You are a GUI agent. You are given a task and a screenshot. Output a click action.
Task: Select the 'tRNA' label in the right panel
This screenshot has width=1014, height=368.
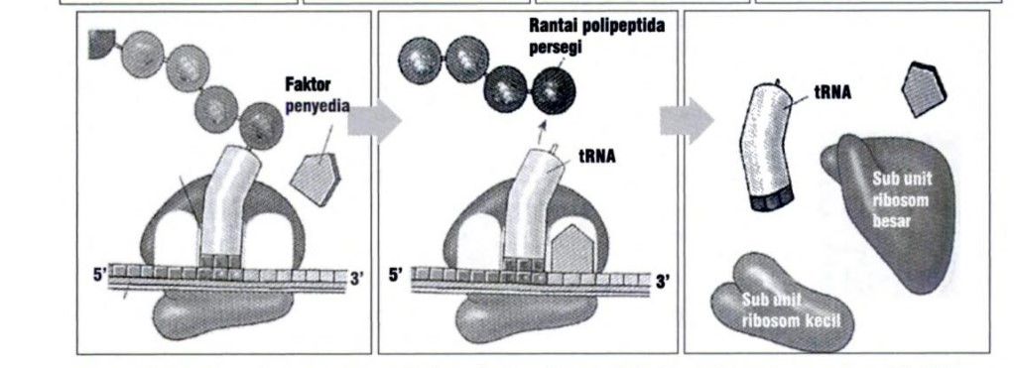pyautogui.click(x=832, y=90)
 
